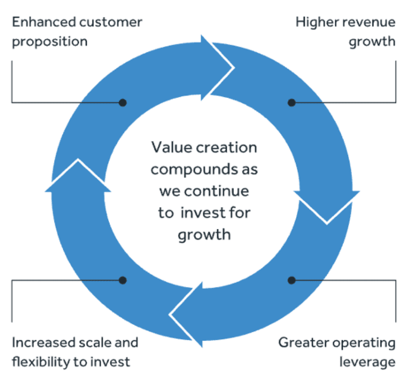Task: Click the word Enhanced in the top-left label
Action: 44,22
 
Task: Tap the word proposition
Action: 50,42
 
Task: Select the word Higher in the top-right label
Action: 317,22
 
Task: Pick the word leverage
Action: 368,362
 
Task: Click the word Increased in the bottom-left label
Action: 44,343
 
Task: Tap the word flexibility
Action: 41,362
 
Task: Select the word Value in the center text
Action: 172,148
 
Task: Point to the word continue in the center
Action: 217,191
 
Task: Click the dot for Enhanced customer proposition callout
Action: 123,103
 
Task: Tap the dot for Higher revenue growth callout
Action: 292,103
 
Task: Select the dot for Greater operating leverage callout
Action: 292,280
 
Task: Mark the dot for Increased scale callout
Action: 123,280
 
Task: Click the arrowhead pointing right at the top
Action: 217,68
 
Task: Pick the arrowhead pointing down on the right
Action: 327,207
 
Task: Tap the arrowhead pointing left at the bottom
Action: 186,315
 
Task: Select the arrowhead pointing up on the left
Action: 78,176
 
